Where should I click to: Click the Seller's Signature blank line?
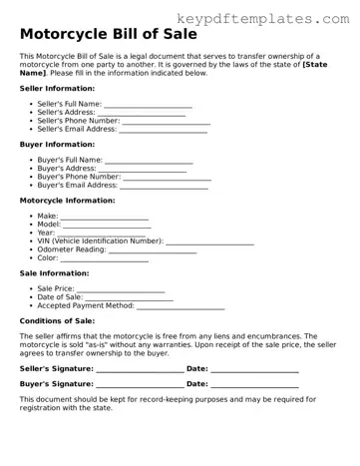click(140, 370)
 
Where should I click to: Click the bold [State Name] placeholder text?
click(314, 65)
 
